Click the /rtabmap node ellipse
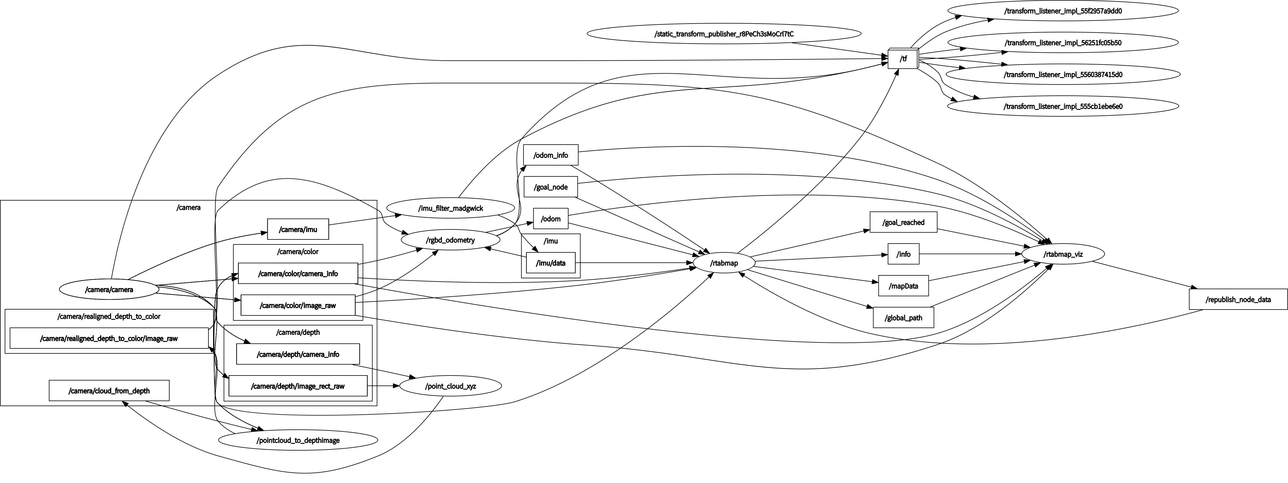[x=724, y=263]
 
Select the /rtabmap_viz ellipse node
[x=1062, y=254]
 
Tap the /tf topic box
[x=903, y=59]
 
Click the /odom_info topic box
[x=551, y=155]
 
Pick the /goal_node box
[x=551, y=187]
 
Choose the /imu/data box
[x=551, y=263]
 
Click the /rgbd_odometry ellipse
[x=450, y=240]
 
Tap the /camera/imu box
[x=298, y=229]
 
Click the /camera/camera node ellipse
[x=109, y=289]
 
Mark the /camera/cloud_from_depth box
[x=109, y=391]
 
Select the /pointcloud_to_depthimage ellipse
[x=298, y=440]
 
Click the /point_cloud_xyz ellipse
[x=450, y=386]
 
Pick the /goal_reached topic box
[x=903, y=222]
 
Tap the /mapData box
[x=903, y=286]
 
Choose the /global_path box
[x=903, y=317]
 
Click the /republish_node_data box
[x=1237, y=300]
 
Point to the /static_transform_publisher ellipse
[x=724, y=34]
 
